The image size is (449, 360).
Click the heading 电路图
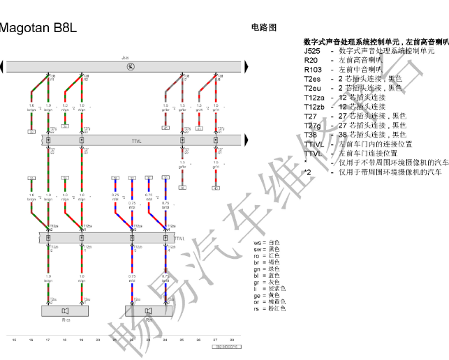(x=263, y=27)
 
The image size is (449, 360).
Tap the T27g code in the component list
(x=312, y=125)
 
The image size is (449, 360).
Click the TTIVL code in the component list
(x=314, y=144)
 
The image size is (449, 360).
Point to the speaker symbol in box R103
(x=66, y=310)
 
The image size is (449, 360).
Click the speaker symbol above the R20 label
(x=149, y=310)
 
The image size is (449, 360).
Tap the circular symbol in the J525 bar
(x=130, y=66)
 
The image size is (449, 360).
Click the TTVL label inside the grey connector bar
(x=136, y=141)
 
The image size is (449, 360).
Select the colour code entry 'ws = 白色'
(x=266, y=242)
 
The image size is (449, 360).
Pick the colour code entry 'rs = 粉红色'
(x=269, y=308)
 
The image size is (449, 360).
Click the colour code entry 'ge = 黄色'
(x=266, y=294)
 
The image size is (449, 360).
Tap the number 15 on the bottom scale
(x=14, y=340)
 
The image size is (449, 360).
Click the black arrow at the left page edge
(x=2, y=66)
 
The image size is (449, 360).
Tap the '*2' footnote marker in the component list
(x=307, y=172)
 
